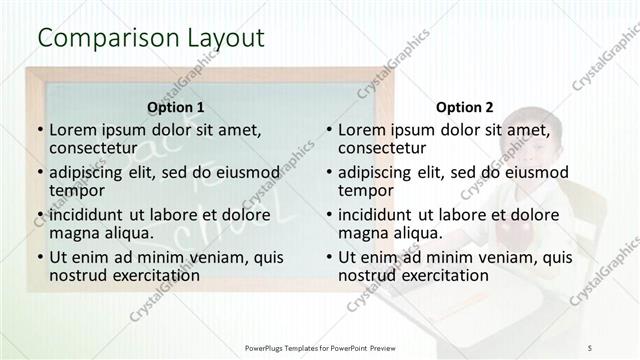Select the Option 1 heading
pyautogui.click(x=176, y=107)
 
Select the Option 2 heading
pyautogui.click(x=465, y=107)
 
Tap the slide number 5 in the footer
pyautogui.click(x=590, y=347)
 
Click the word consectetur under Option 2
pyautogui.click(x=384, y=148)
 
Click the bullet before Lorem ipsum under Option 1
pyautogui.click(x=39, y=130)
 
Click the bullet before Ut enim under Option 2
pyautogui.click(x=328, y=257)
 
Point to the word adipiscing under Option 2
pyautogui.click(x=376, y=172)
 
